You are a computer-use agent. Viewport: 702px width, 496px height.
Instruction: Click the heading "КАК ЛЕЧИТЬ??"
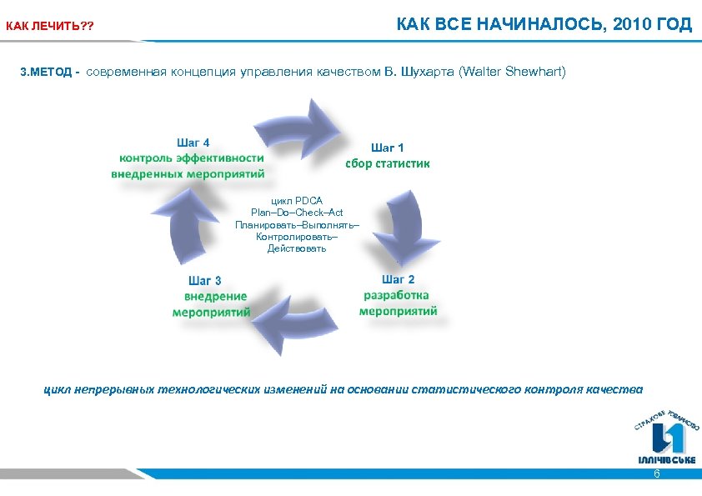point(50,27)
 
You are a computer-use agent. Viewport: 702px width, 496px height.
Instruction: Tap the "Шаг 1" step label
point(388,147)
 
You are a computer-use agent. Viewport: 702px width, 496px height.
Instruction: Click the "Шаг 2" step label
point(398,279)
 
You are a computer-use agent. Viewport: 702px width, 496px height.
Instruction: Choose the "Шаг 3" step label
point(205,280)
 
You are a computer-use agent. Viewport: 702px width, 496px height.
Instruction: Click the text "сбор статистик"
point(388,163)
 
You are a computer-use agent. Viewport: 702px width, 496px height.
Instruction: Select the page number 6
point(656,473)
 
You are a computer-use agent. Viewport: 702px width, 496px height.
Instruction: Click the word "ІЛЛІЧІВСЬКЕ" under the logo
point(666,460)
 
